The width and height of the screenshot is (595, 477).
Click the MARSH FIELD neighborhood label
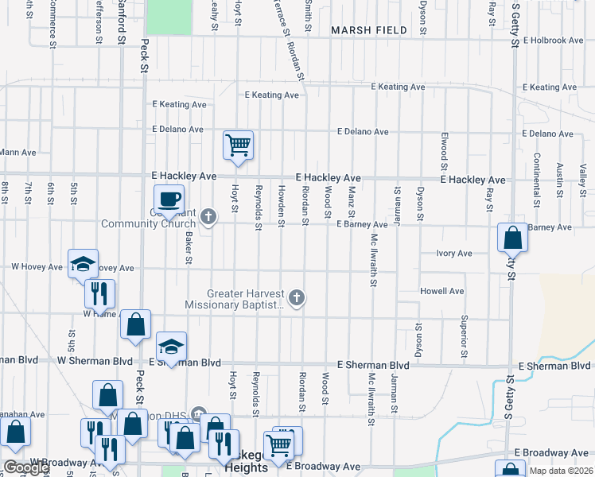pos(369,31)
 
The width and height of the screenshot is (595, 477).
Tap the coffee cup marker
pos(169,199)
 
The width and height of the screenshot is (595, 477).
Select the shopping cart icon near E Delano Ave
pos(238,145)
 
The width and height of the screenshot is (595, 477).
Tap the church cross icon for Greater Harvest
pos(296,298)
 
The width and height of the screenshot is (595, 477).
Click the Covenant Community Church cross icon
pos(208,216)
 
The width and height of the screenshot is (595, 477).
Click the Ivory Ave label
pos(454,254)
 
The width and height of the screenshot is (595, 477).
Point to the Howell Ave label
pos(443,292)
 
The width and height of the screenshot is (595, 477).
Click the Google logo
pos(26,468)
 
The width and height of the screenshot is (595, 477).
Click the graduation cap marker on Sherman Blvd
pos(171,347)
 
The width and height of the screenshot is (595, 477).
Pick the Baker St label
pos(189,249)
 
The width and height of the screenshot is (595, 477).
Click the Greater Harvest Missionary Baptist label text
pos(235,299)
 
